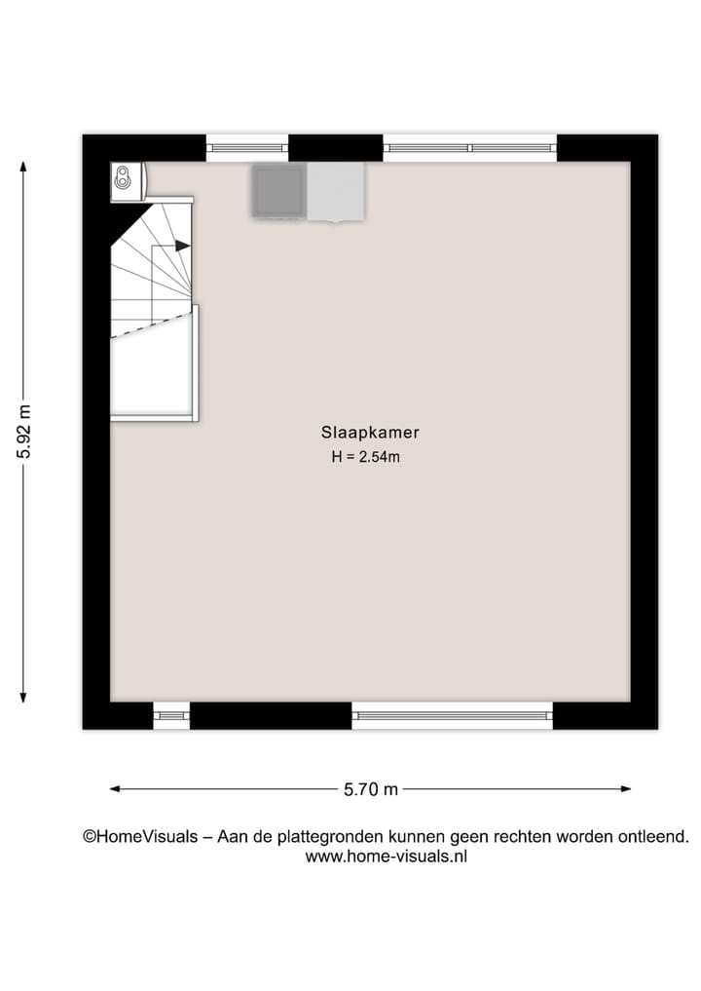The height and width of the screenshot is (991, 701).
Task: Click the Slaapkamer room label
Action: [370, 433]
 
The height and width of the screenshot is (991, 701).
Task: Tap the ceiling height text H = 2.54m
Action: [366, 457]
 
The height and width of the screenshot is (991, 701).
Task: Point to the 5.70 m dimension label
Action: [371, 790]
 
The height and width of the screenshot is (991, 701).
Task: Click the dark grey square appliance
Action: [279, 190]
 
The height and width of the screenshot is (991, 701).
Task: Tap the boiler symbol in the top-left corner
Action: [123, 178]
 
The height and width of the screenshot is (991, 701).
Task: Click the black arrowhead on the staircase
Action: [183, 247]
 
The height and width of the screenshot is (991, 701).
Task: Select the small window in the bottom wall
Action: [171, 716]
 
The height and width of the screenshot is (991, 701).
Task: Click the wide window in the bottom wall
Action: [452, 716]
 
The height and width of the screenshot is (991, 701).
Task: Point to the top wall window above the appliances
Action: [247, 148]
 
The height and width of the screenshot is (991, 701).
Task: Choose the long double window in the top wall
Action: [470, 148]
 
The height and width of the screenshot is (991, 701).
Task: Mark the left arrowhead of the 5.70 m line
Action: [115, 789]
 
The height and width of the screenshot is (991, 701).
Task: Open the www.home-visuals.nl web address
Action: [387, 857]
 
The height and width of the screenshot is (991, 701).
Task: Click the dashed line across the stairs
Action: [152, 324]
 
